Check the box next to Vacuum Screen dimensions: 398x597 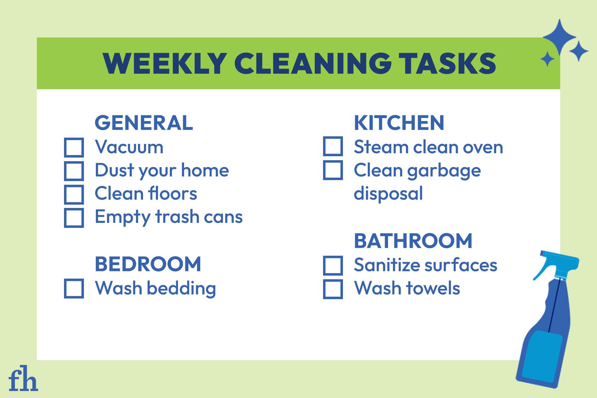click(74, 147)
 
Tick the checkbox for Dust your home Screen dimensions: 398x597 click(74, 171)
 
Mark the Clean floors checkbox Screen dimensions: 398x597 click(74, 194)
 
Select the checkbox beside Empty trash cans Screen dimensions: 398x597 click(74, 218)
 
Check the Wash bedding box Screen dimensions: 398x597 click(74, 289)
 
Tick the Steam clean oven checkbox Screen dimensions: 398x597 click(333, 146)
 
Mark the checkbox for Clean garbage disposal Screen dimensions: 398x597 click(333, 170)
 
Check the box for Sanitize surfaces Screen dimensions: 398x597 click(333, 265)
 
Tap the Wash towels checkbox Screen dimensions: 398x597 click(333, 289)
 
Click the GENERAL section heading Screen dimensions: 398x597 click(144, 123)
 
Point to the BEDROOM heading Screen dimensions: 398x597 click(148, 264)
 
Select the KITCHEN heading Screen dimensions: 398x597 click(399, 123)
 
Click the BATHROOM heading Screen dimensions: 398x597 click(413, 241)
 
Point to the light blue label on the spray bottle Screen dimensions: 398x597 click(542, 357)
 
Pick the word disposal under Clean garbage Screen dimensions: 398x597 click(388, 194)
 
